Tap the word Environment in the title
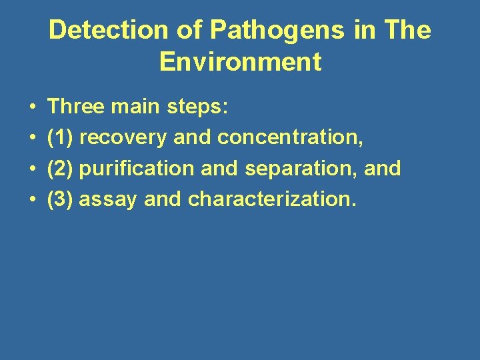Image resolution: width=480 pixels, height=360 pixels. [x=240, y=62]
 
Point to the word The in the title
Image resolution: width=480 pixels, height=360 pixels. [x=407, y=31]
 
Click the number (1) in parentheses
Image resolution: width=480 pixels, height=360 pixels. [x=61, y=137]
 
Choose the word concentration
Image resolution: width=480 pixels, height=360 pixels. [x=291, y=137]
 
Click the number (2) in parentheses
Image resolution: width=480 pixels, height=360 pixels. [x=61, y=169]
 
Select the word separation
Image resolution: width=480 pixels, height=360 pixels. [x=301, y=169]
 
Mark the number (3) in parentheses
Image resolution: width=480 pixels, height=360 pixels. [x=61, y=200]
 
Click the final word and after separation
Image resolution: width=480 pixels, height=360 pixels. [x=383, y=169]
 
